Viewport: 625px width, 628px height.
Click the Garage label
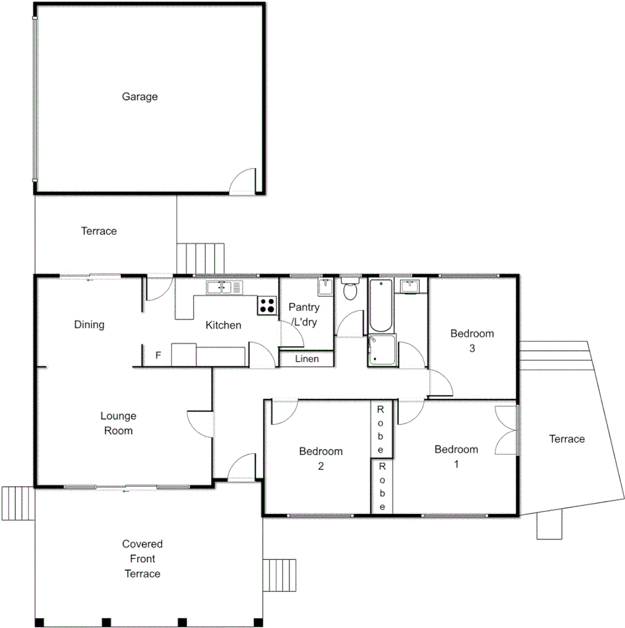coord(140,97)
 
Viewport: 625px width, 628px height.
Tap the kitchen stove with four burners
coord(267,305)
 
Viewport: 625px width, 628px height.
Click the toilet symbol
coord(350,290)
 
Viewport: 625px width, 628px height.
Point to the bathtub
coord(380,305)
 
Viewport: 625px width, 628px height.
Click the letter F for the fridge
coord(158,355)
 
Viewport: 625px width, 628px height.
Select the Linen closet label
coord(306,359)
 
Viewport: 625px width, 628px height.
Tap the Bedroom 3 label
coord(472,341)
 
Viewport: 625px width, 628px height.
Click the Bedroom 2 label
coord(320,458)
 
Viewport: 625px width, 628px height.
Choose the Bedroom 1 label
coord(456,456)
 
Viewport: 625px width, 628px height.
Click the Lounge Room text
coord(118,423)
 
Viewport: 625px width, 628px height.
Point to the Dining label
coord(90,324)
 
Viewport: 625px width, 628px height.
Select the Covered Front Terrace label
coord(142,559)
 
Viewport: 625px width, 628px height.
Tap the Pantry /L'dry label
coord(304,315)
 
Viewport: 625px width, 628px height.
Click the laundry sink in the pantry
coord(325,287)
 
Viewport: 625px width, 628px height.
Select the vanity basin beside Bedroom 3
coord(410,286)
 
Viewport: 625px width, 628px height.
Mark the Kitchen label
coord(223,325)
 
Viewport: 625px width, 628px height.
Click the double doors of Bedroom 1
coord(507,430)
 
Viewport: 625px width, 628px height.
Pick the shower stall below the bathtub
coord(381,351)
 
